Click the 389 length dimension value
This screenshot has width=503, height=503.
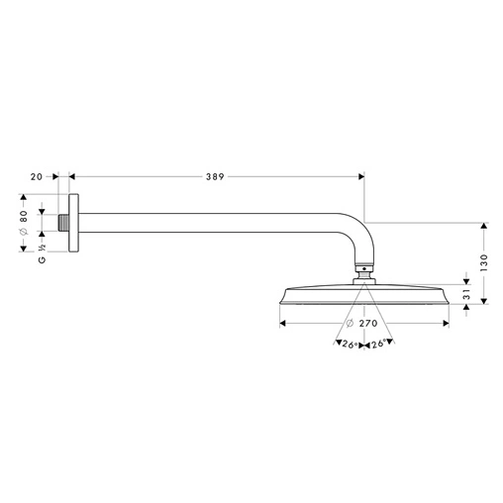[215, 177]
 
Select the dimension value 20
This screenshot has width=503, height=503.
[37, 177]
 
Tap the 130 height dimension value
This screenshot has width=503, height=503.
[484, 262]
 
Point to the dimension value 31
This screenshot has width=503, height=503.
[466, 294]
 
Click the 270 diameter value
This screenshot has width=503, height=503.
[368, 323]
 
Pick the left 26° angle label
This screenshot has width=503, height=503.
[350, 345]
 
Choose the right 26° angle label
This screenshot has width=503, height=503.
[378, 345]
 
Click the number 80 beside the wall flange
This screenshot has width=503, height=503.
[24, 217]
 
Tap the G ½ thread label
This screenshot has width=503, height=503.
[42, 253]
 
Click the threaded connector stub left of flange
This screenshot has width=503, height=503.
[63, 223]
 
